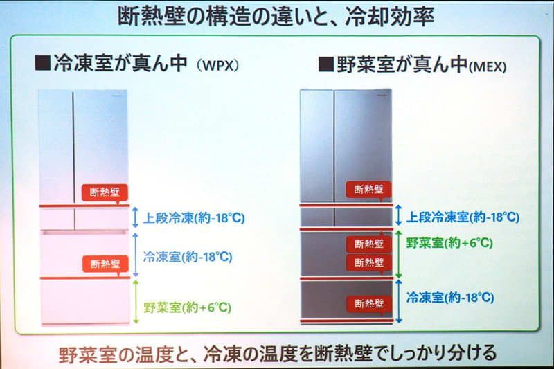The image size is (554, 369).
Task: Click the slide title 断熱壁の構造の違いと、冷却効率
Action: point(276,17)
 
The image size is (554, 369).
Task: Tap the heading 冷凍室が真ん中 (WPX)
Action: point(136,64)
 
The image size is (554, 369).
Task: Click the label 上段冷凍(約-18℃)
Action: point(194,218)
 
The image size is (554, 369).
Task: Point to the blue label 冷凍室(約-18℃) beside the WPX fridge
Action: point(188,257)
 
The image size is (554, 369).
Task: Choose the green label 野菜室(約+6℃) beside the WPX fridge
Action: point(187,307)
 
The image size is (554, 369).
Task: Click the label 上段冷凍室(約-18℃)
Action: point(463,217)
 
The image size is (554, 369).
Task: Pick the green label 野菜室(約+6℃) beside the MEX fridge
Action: point(449,243)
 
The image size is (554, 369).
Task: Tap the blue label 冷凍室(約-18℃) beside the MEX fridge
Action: point(450,297)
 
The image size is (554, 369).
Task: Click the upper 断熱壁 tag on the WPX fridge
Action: point(105,192)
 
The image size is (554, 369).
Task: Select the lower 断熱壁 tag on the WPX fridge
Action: point(105,264)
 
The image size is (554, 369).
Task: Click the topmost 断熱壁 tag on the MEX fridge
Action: point(369,190)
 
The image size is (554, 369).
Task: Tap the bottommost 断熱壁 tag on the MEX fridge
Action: point(369,304)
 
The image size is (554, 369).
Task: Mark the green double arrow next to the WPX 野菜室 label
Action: point(136,302)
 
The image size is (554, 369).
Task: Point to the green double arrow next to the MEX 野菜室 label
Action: point(399,254)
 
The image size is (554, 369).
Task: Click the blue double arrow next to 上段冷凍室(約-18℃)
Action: point(399,215)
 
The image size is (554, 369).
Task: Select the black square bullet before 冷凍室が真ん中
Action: point(43,63)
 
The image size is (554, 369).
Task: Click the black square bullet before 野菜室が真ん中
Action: point(326,64)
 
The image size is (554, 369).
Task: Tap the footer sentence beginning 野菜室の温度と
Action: point(278,354)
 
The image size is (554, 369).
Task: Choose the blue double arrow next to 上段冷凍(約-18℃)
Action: point(135,217)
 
